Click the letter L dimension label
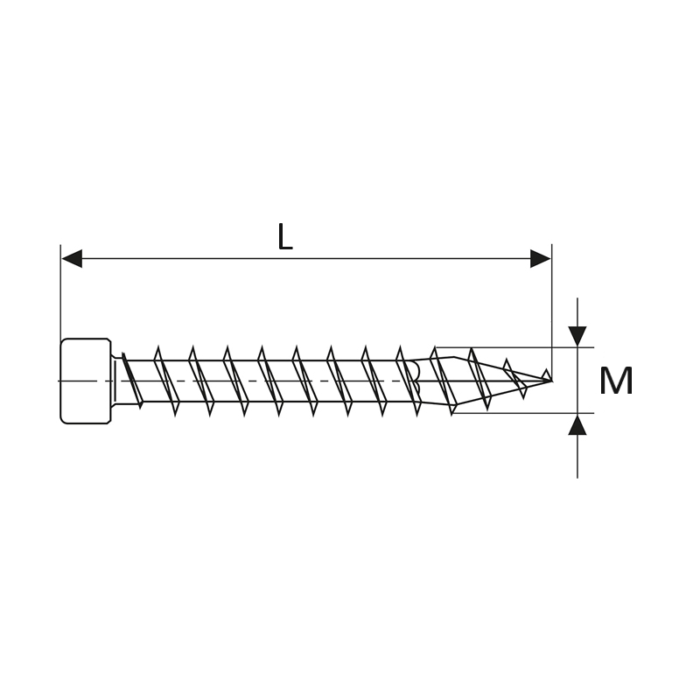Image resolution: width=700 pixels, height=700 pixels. [x=285, y=236]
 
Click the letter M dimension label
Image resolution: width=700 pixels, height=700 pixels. [x=616, y=381]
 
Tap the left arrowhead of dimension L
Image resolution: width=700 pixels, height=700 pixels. [x=72, y=258]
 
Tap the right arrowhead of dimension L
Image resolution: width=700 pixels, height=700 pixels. [x=540, y=258]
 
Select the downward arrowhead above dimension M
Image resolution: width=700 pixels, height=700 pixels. [x=577, y=337]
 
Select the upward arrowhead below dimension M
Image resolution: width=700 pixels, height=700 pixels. [x=577, y=424]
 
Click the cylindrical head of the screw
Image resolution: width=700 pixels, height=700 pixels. [x=85, y=381]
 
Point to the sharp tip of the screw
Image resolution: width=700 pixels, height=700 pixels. [x=551, y=381]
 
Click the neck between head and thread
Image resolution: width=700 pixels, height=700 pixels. [x=117, y=381]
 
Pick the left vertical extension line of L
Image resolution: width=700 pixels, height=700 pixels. [x=60, y=291]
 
